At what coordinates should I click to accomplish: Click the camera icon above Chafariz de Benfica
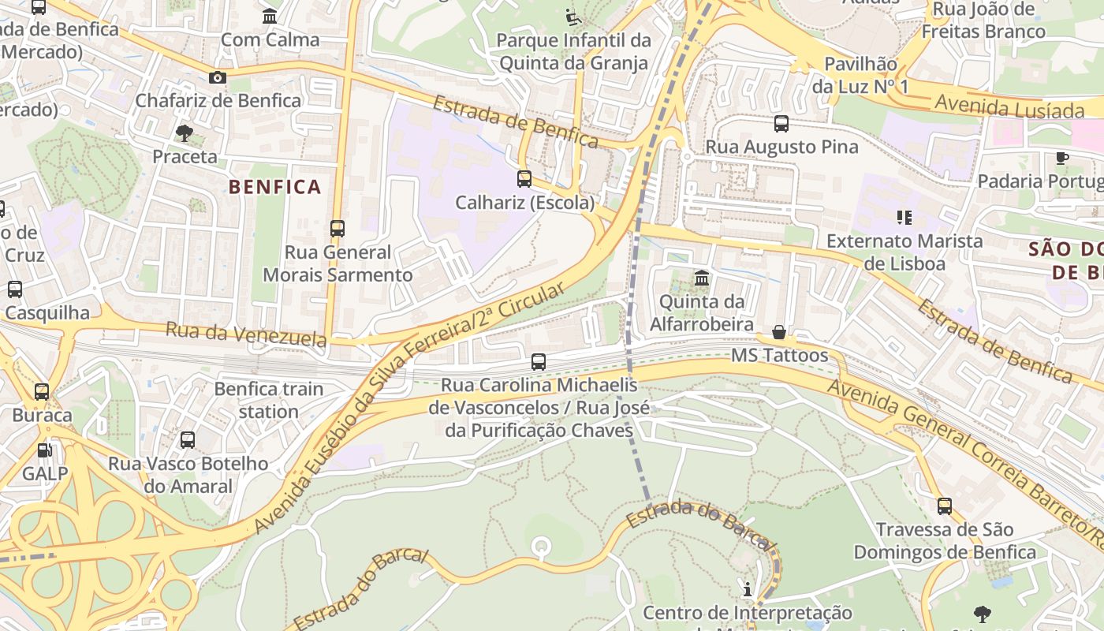pyautogui.click(x=218, y=77)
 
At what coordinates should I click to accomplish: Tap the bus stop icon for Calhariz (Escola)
pyautogui.click(x=524, y=179)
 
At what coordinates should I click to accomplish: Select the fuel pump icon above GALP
pyautogui.click(x=45, y=450)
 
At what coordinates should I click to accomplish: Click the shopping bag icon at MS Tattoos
pyautogui.click(x=779, y=332)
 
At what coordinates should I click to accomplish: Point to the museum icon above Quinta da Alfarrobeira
pyautogui.click(x=702, y=278)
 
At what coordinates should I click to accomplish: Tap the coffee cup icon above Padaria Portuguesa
pyautogui.click(x=1062, y=158)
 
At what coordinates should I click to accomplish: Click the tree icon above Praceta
pyautogui.click(x=185, y=133)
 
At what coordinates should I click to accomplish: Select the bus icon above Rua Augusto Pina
pyautogui.click(x=781, y=123)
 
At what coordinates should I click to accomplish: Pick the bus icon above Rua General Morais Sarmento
pyautogui.click(x=338, y=229)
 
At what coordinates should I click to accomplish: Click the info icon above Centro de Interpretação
pyautogui.click(x=748, y=589)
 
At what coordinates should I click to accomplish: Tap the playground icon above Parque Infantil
pyautogui.click(x=573, y=17)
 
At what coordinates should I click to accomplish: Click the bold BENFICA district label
pyautogui.click(x=275, y=187)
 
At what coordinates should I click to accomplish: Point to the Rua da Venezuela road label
pyautogui.click(x=245, y=334)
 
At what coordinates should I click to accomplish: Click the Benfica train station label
pyautogui.click(x=269, y=400)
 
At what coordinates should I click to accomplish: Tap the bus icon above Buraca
pyautogui.click(x=42, y=391)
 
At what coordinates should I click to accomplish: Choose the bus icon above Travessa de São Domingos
pyautogui.click(x=945, y=506)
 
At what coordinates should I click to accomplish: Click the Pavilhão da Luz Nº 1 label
pyautogui.click(x=860, y=75)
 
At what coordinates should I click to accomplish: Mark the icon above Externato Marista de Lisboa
pyautogui.click(x=904, y=217)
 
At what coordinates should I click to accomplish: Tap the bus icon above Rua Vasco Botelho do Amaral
pyautogui.click(x=188, y=440)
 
